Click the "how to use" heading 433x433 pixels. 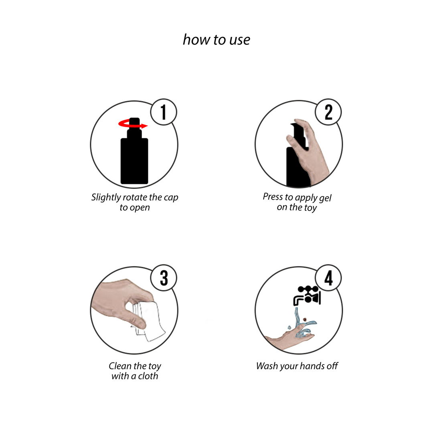tap(216, 39)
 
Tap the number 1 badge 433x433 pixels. tap(164, 112)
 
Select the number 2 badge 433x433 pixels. tap(328, 112)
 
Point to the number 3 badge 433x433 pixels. tap(164, 278)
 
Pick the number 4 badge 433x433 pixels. tap(328, 278)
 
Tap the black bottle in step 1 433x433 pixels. tap(134, 155)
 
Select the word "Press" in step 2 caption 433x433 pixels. tap(273, 196)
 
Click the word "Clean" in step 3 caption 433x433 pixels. tap(120, 366)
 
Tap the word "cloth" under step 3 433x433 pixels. tap(148, 376)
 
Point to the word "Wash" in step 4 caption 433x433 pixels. tap(267, 366)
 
